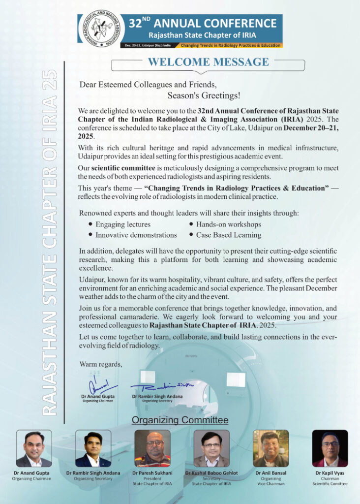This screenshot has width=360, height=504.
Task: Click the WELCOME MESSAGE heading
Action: [x=209, y=62]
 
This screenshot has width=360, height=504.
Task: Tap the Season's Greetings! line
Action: [x=204, y=95]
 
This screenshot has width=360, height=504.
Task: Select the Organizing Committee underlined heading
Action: [x=180, y=420]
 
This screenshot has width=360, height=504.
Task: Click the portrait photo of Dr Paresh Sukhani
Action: [x=152, y=448]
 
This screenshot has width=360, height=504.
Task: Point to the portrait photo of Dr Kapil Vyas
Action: [x=330, y=448]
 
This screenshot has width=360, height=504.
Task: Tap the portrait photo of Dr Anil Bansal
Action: [x=270, y=448]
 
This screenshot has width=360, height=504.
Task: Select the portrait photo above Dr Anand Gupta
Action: [x=34, y=448]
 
